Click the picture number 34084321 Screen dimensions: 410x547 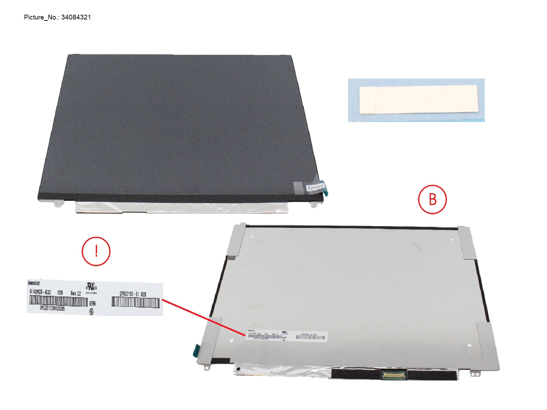click(x=76, y=17)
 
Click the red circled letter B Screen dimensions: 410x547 click(x=432, y=200)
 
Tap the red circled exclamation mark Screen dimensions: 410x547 click(x=96, y=251)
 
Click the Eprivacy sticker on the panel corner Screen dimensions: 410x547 click(x=315, y=187)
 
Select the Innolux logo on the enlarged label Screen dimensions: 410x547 click(x=34, y=283)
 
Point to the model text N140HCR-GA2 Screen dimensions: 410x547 click(x=40, y=292)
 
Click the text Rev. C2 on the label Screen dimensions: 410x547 click(x=76, y=293)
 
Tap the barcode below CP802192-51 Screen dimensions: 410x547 click(x=135, y=302)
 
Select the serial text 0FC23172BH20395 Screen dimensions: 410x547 click(x=52, y=308)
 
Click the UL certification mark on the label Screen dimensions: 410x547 click(x=91, y=286)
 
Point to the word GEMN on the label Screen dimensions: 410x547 click(x=92, y=303)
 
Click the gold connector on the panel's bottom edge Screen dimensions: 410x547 click(x=394, y=375)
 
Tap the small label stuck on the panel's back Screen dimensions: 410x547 click(x=286, y=336)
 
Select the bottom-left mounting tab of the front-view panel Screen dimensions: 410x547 click(x=58, y=204)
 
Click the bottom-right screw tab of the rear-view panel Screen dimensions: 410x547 click(x=475, y=374)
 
